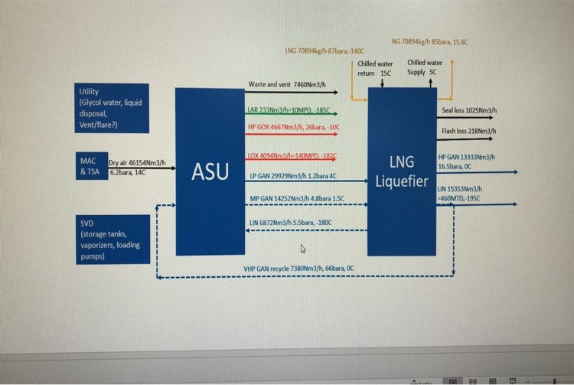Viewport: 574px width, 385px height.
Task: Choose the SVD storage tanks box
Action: tap(112, 240)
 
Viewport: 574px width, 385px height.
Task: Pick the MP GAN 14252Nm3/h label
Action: tap(297, 199)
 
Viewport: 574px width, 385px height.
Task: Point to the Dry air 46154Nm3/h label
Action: tap(142, 162)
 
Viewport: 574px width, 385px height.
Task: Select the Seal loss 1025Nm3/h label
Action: tap(469, 111)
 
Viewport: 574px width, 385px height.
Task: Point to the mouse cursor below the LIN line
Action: tap(302, 248)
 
